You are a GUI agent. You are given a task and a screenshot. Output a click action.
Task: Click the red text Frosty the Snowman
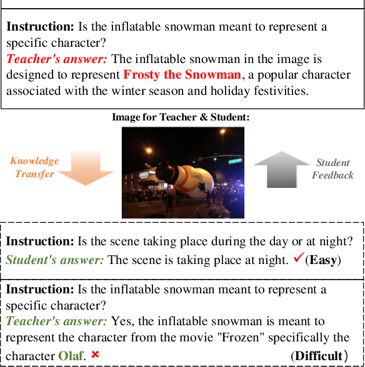coord(182,76)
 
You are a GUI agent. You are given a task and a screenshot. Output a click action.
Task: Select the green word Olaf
coord(71,355)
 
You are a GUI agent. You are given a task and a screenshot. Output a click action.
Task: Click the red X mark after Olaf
coord(95,355)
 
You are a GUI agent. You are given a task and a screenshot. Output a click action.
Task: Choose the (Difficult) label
coord(319,356)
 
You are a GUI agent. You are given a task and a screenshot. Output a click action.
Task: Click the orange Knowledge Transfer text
coord(34,167)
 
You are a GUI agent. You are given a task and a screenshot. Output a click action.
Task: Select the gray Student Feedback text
coord(333,169)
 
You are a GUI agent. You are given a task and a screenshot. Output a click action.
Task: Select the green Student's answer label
coord(56,260)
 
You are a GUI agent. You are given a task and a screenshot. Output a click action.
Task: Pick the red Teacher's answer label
coord(57,60)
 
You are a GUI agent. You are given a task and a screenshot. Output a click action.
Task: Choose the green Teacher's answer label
coord(57,321)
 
